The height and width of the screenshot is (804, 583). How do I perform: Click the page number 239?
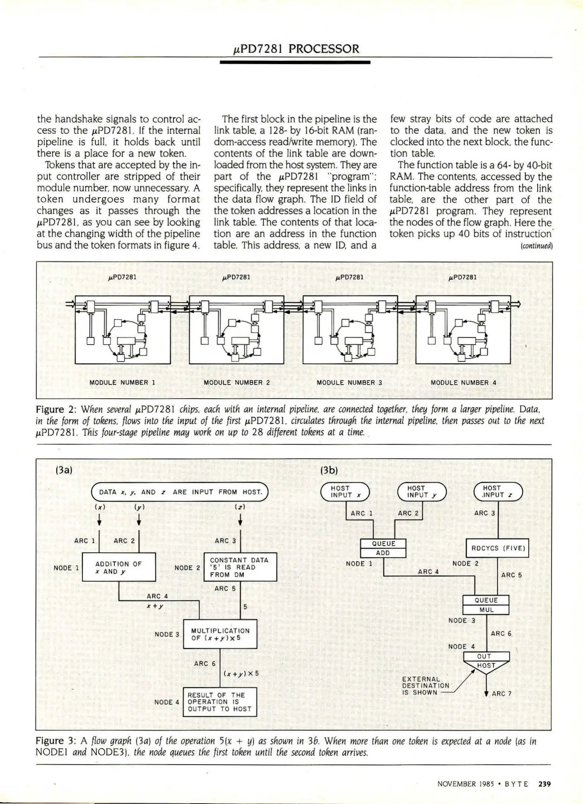(x=544, y=784)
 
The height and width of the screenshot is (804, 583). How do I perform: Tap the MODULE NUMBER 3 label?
(x=349, y=382)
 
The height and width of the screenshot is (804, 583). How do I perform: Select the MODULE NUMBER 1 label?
(x=122, y=382)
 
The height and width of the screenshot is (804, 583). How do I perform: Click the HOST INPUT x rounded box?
(x=345, y=491)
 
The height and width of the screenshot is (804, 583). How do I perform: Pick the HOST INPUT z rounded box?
(x=498, y=491)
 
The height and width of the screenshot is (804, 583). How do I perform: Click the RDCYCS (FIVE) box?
(x=498, y=548)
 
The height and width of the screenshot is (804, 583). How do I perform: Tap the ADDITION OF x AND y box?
(x=118, y=567)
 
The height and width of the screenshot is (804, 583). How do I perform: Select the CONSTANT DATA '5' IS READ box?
(x=240, y=567)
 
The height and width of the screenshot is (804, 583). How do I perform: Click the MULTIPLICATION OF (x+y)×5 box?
(x=220, y=634)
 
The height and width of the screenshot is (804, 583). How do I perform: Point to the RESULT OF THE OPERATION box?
(x=220, y=702)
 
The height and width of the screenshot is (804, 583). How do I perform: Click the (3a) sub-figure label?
(x=63, y=470)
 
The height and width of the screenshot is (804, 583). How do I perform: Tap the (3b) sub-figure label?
(x=329, y=470)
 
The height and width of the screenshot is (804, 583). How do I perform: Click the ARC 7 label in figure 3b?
(x=501, y=693)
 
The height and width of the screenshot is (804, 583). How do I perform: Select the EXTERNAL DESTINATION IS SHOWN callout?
(x=425, y=686)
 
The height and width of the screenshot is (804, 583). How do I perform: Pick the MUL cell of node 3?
(x=486, y=610)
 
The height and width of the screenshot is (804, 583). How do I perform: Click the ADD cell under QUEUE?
(x=383, y=553)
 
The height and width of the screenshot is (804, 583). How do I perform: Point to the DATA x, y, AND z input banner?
(x=180, y=492)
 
